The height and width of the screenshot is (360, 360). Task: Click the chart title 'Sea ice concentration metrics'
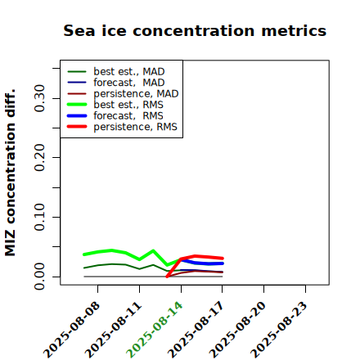click(195, 30)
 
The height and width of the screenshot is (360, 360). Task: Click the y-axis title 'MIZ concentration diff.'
click(10, 173)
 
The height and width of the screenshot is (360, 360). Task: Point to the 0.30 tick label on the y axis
click(39, 98)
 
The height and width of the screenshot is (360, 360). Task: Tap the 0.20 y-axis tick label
click(39, 157)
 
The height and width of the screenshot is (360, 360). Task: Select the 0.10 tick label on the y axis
click(39, 217)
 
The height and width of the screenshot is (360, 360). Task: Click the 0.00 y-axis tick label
click(39, 277)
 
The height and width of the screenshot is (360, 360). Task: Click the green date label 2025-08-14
click(155, 330)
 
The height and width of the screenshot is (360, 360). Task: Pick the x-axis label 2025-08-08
click(71, 330)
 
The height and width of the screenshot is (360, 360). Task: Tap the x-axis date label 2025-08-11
click(113, 330)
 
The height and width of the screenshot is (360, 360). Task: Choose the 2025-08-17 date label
click(196, 330)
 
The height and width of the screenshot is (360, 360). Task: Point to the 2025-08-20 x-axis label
click(237, 330)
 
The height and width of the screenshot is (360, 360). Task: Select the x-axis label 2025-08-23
click(279, 330)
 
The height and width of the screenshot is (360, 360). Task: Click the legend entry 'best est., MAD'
click(129, 71)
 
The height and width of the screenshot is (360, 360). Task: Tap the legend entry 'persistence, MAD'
click(136, 93)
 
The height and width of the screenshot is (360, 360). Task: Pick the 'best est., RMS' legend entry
click(128, 105)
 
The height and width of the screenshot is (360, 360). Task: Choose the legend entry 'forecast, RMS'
click(128, 115)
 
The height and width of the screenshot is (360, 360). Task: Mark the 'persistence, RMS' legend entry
click(135, 127)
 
